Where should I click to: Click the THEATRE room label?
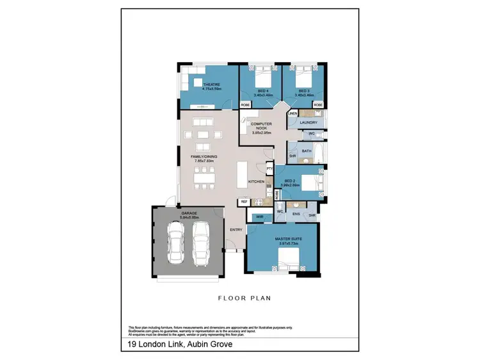click(x=211, y=85)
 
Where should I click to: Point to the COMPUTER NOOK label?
click(x=261, y=126)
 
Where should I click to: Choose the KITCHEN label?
click(x=257, y=182)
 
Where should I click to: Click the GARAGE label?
click(x=189, y=212)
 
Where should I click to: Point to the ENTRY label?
click(x=237, y=229)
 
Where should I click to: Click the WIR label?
click(x=260, y=218)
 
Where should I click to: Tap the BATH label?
click(x=307, y=152)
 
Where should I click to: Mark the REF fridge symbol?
click(x=244, y=202)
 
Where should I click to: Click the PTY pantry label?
click(x=269, y=168)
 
